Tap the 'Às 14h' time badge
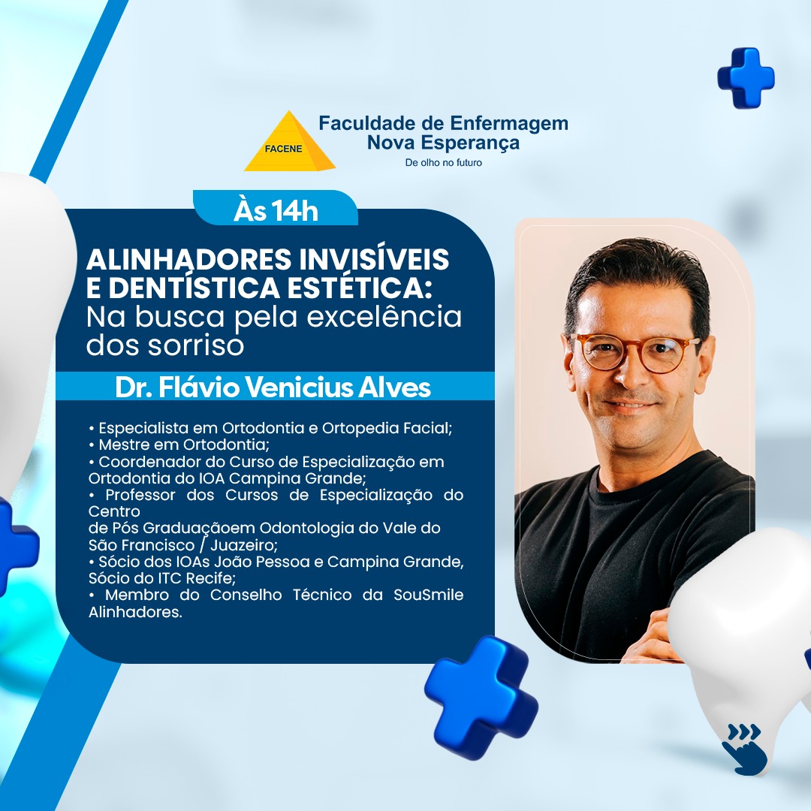276,210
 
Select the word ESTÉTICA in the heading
359,288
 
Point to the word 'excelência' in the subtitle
384,317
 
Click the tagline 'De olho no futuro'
443,162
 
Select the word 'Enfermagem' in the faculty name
509,123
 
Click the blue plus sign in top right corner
746,77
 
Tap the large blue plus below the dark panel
481,697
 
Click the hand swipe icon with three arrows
745,749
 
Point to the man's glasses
638,351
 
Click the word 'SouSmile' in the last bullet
428,595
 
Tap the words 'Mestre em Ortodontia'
184,445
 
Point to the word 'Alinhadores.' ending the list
135,612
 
